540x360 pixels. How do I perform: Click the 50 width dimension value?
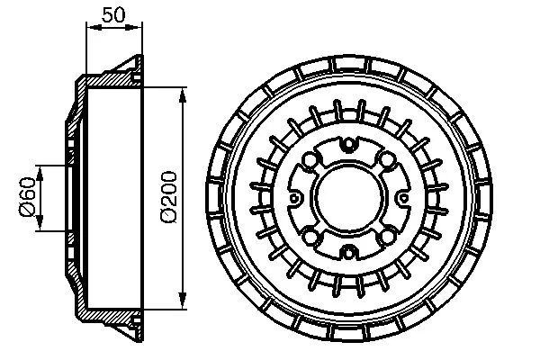pos(114,15)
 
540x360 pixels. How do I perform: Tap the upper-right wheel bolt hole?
pos(386,160)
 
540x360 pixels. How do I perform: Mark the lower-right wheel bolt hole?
pos(386,237)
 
